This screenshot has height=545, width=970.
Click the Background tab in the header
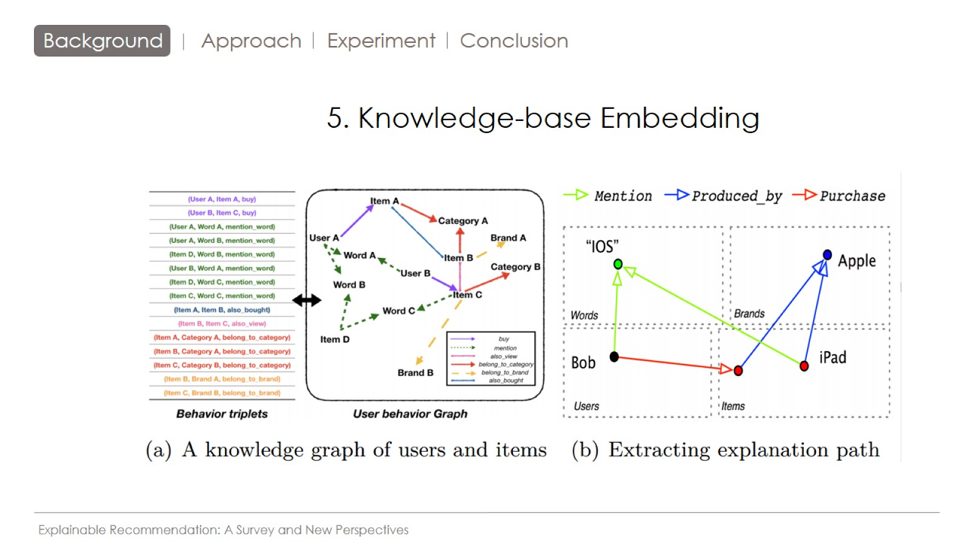(102, 41)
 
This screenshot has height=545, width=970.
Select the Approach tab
(251, 41)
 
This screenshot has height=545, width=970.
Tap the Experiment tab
(381, 41)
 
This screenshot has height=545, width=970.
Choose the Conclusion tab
(514, 41)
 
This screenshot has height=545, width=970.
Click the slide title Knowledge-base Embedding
(543, 118)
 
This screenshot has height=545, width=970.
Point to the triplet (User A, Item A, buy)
(222, 199)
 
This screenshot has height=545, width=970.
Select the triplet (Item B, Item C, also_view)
(222, 323)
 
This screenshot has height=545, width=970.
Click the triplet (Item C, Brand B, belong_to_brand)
(222, 393)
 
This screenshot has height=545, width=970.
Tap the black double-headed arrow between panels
(306, 301)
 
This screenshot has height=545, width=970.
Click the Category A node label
(463, 221)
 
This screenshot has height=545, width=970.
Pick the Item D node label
(335, 339)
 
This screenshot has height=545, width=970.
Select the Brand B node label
(415, 372)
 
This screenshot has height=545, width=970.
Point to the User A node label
(324, 238)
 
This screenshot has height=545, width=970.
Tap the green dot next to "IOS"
(618, 264)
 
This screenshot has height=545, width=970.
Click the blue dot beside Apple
(827, 255)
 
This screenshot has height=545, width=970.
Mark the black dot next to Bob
(615, 357)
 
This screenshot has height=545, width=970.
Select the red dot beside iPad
(804, 366)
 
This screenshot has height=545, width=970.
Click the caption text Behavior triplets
(222, 414)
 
